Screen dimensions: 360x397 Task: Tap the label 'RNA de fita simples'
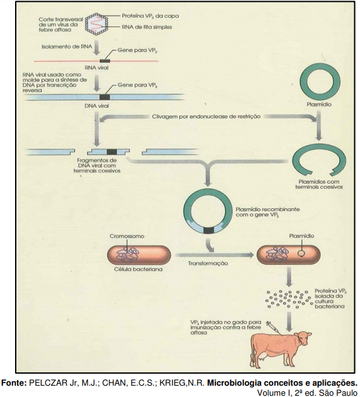tap(147, 27)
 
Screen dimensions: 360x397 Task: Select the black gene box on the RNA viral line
tap(104, 61)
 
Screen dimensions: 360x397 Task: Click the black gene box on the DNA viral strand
tap(104, 97)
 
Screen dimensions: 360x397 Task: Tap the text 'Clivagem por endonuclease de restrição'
tap(206, 117)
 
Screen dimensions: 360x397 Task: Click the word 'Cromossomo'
tap(127, 236)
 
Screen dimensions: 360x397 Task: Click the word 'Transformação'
tap(208, 264)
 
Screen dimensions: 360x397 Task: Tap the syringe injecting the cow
tap(273, 327)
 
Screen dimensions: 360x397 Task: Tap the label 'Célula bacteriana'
tap(138, 269)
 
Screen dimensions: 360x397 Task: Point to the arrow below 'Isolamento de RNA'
tap(96, 50)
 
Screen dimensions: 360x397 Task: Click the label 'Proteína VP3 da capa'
tap(150, 16)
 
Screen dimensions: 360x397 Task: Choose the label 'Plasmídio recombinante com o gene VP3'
tap(267, 212)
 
